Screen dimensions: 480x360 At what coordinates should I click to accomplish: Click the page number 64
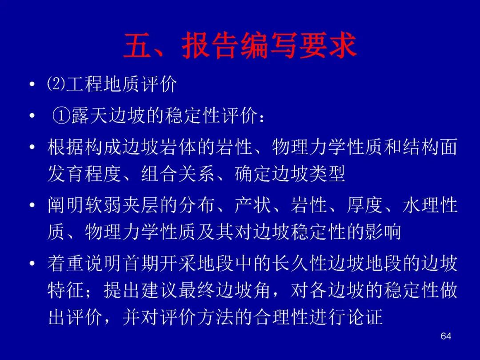446,336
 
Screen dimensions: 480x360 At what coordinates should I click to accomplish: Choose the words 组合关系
178,174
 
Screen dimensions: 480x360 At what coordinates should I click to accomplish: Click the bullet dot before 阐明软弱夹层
32,205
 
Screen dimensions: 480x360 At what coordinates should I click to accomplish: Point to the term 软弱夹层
121,205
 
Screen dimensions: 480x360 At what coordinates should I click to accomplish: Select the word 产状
253,205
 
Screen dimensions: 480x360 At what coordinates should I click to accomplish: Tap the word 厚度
365,205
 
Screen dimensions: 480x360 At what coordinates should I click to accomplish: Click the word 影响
383,232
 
